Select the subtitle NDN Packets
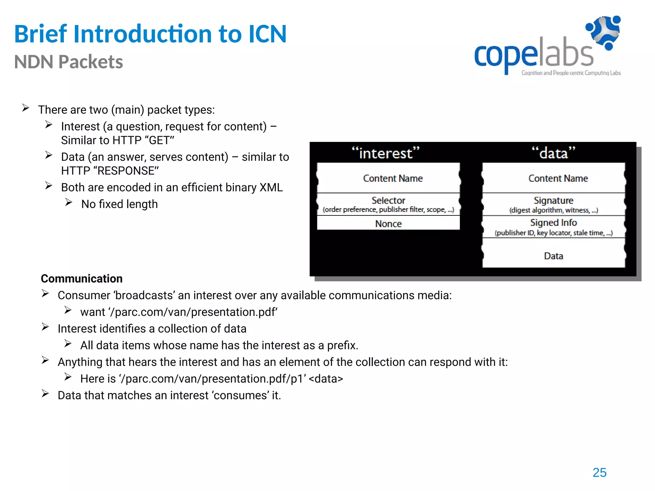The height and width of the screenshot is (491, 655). point(68,62)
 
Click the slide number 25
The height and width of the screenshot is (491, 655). point(599,472)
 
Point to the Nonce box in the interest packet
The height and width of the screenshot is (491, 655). point(388,223)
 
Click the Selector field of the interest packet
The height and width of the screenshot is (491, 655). point(388,204)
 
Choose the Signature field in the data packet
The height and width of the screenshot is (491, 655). point(553,204)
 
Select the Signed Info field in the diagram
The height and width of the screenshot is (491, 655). point(553,227)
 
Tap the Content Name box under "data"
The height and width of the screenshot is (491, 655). point(558,178)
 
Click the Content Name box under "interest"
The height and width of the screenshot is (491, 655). point(393,178)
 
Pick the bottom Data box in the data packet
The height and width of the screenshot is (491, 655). point(553,256)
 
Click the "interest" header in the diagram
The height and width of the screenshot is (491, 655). point(385,153)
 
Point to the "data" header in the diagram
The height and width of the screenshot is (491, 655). point(553,153)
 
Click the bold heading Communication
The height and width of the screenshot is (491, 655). point(82,278)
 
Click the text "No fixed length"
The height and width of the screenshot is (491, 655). point(119,204)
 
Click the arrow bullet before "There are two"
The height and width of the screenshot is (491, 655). point(26,108)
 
